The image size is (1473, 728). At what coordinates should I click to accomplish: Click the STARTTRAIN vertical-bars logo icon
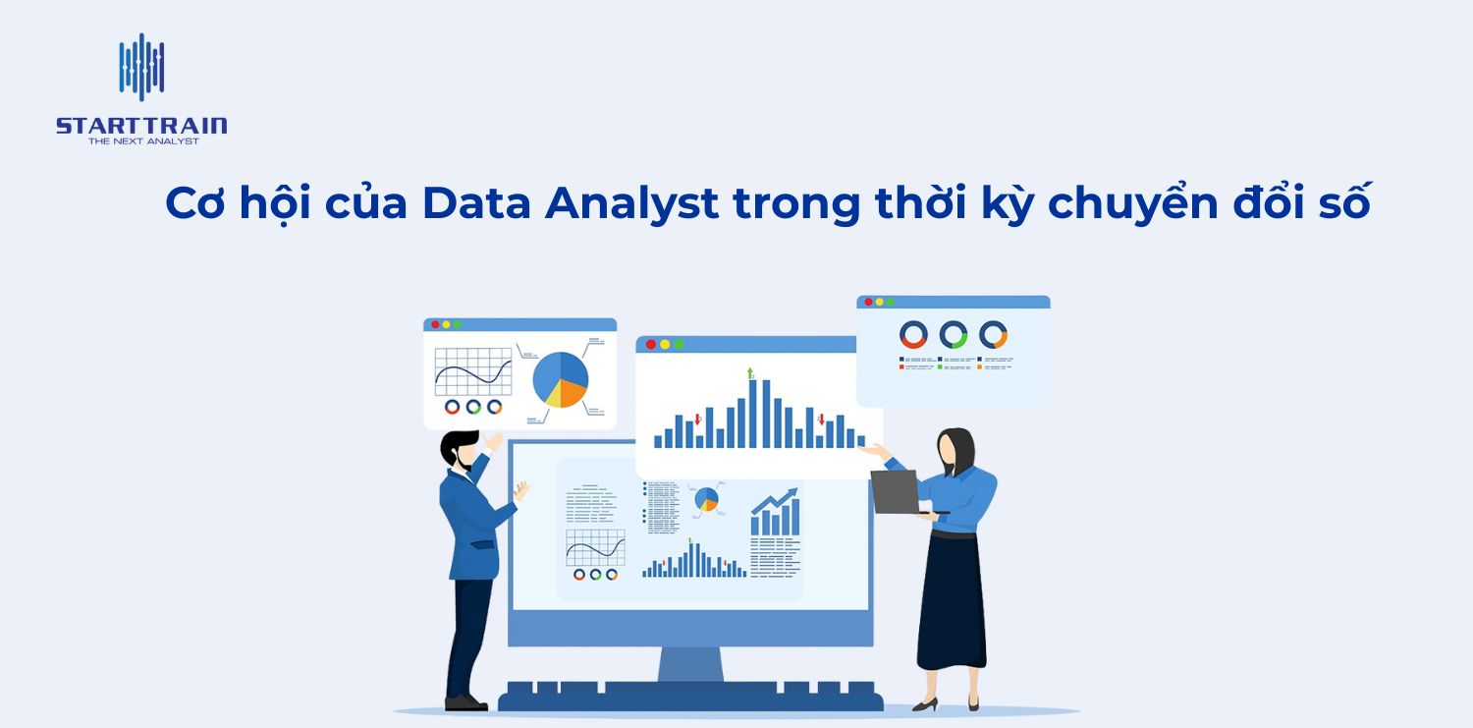[x=141, y=67]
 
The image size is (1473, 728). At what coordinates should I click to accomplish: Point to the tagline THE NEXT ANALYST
[x=143, y=141]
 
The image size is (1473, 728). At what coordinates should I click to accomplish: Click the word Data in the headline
[x=477, y=202]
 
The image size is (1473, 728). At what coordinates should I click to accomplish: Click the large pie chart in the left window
[x=561, y=379]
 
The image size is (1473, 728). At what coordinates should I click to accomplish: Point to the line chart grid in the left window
[x=473, y=371]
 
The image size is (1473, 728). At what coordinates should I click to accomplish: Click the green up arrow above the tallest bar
[x=750, y=372]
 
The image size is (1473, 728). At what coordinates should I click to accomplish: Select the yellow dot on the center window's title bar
[x=665, y=344]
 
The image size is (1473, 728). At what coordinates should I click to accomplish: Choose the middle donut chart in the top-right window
[x=953, y=335]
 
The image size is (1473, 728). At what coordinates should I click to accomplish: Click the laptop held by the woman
[x=895, y=491]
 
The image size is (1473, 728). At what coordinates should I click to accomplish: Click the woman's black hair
[x=957, y=452]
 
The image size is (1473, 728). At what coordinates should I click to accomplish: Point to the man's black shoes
[x=465, y=702]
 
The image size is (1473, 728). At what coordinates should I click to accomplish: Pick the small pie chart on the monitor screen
[x=706, y=500]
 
